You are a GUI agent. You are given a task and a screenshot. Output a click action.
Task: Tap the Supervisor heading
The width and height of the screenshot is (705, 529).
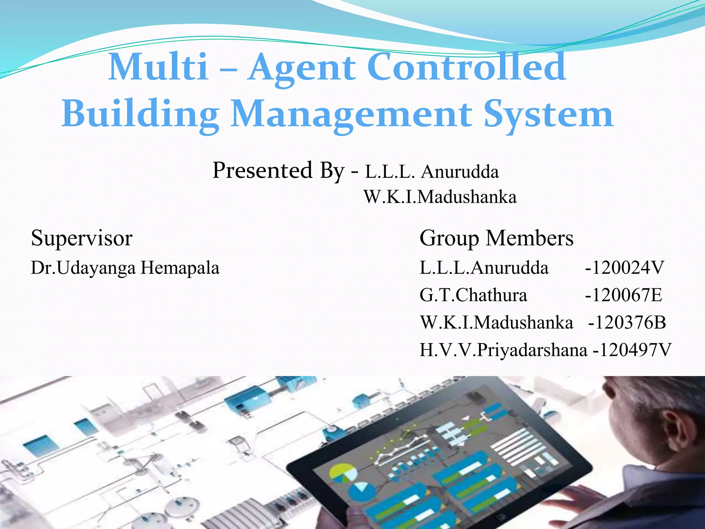[x=82, y=238]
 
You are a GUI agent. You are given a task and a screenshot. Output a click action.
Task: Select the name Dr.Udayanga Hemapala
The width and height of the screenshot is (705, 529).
[x=125, y=268]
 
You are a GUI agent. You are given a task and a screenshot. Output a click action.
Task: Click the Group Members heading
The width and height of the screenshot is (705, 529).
[x=496, y=238]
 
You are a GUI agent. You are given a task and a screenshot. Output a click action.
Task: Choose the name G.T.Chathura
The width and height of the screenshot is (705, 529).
[x=473, y=295]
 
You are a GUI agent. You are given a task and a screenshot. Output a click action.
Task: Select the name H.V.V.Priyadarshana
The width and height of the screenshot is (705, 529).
[x=503, y=350]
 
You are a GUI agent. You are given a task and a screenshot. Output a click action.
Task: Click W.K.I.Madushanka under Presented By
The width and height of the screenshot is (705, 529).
[x=440, y=197]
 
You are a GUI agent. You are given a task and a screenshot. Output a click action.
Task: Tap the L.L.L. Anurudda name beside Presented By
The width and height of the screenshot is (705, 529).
[x=432, y=172]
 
